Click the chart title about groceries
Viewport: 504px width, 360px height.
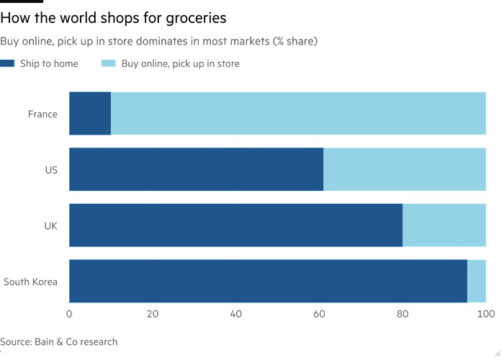tap(114, 17)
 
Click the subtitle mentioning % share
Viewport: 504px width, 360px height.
tap(159, 41)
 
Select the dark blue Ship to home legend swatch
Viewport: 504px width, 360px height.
tap(8, 63)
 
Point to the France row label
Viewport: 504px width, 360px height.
tap(42, 114)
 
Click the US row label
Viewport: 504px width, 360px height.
tap(50, 170)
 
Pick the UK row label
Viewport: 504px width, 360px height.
tap(50, 225)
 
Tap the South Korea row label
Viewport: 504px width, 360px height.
tap(30, 282)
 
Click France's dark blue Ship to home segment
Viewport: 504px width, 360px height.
tap(90, 114)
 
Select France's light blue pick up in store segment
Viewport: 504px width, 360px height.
tap(298, 114)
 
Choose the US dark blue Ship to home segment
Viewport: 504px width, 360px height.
tap(196, 170)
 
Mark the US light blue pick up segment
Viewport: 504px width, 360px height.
tap(405, 170)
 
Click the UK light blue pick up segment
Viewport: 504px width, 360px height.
tap(444, 225)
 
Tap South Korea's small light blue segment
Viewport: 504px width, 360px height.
tap(477, 282)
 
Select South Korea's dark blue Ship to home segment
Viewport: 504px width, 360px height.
tap(268, 282)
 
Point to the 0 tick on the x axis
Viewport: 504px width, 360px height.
tap(69, 314)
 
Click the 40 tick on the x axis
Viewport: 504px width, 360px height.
tap(235, 314)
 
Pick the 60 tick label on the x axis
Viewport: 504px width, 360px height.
tap(319, 314)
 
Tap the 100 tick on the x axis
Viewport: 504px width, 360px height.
tap(485, 314)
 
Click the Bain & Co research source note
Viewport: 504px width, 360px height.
tap(59, 341)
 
